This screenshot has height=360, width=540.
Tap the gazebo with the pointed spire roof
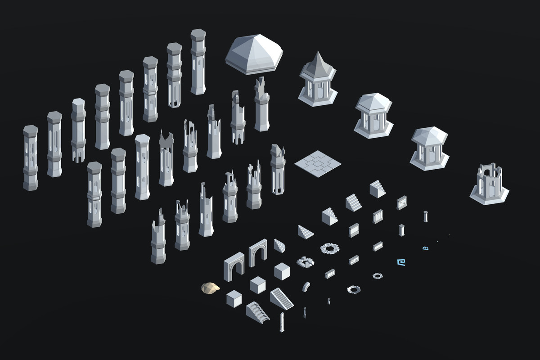coord(318,81)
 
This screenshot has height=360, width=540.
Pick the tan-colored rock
coord(210,288)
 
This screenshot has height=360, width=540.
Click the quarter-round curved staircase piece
coord(279,245)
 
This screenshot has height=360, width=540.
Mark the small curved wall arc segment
coord(306,286)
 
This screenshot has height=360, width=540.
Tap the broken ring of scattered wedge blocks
coord(306,261)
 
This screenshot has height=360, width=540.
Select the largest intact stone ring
coord(330,248)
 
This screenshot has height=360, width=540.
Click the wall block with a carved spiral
coord(401,203)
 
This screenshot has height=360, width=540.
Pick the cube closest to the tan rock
coord(234,299)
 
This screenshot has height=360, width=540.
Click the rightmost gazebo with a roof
coord(429,148)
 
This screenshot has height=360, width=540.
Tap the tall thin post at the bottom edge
coord(282,322)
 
